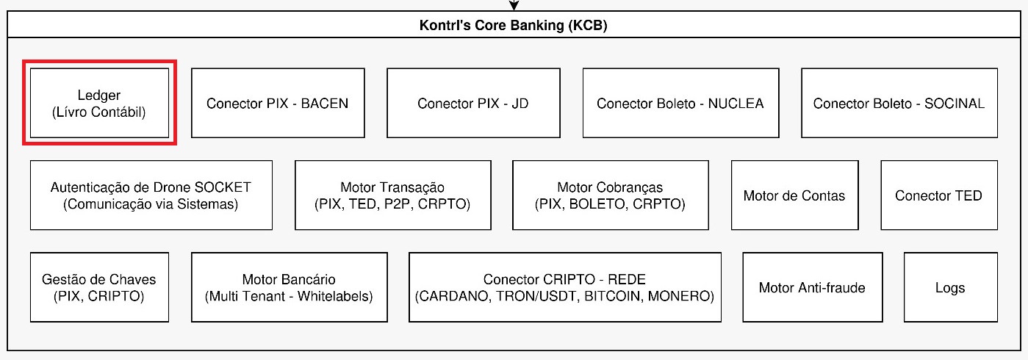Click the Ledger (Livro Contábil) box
click(100, 103)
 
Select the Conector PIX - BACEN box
click(278, 103)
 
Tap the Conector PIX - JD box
click(474, 103)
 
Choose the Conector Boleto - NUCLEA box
click(681, 103)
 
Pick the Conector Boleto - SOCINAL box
click(899, 103)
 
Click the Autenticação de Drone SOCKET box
click(151, 195)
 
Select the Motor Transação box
click(393, 195)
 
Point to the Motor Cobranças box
click(611, 195)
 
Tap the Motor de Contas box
click(795, 195)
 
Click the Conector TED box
click(939, 195)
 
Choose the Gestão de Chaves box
click(100, 287)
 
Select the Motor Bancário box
click(290, 287)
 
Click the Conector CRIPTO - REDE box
click(565, 287)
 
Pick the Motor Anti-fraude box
click(813, 287)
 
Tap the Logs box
click(951, 287)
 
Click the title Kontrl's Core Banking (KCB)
click(513, 25)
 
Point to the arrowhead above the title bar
click(514, 5)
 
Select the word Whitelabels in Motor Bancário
click(335, 296)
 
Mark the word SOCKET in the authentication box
click(223, 187)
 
